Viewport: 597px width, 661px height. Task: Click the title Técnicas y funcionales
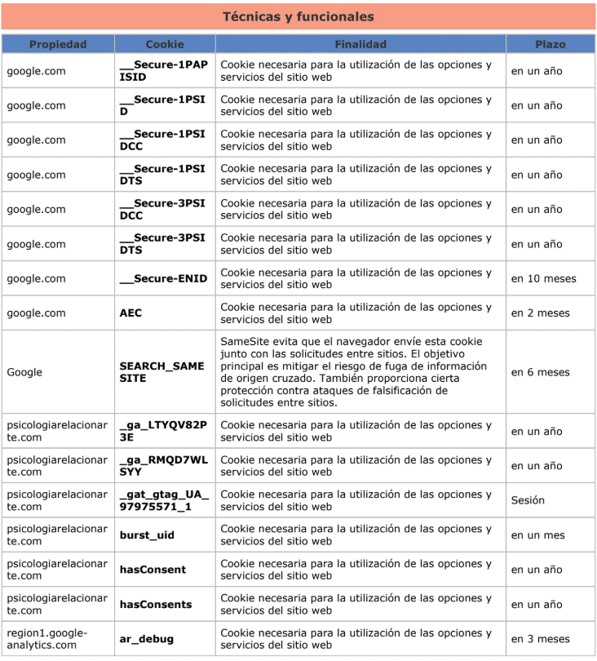pos(298,16)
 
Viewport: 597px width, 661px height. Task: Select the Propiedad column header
pos(58,44)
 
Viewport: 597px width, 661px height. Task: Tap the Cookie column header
pos(165,44)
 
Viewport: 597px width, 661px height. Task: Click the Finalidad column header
pos(360,44)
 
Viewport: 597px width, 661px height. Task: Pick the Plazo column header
pos(551,44)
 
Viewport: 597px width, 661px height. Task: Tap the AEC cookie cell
pos(131,313)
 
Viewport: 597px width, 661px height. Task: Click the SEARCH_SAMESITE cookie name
pos(161,372)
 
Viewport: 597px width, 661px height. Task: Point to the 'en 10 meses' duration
pos(543,278)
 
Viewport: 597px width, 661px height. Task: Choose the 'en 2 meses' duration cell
pos(540,313)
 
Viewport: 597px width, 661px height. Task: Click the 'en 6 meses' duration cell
pos(540,372)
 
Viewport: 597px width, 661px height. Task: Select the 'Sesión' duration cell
pos(528,500)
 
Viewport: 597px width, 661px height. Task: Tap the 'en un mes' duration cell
pos(537,535)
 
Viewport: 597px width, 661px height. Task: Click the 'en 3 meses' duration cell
pos(540,639)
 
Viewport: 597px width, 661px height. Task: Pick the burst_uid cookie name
pos(147,535)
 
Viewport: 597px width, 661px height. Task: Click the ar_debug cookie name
pos(146,639)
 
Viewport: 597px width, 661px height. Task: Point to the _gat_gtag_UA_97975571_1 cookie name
pos(164,500)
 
